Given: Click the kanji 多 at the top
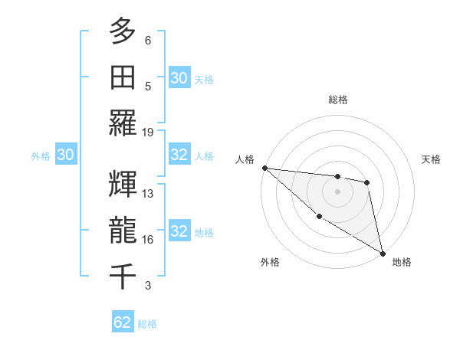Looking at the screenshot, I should coord(123,31).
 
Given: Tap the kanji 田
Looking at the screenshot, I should coord(123,77).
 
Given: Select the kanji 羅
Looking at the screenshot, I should coord(123,123).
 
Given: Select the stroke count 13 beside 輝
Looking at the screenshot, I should coord(148,194).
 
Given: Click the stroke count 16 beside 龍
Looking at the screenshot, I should coord(148,240).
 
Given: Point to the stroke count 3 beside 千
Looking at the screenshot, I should coord(148,286).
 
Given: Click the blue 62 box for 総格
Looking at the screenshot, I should coord(123,322).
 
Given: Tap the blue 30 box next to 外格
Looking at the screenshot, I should coord(65,155).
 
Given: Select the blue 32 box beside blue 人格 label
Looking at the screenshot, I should coord(179,155).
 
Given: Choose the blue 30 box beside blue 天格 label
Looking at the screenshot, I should coord(179,78).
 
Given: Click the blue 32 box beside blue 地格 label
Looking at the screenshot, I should coord(179,231).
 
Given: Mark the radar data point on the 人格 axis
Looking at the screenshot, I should coord(264,168).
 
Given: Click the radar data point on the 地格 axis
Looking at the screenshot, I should coord(383,253).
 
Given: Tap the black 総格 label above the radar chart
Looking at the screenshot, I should coord(337,100).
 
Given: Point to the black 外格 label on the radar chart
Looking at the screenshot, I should coord(270,263).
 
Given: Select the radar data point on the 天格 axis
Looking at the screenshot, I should coord(367,182).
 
